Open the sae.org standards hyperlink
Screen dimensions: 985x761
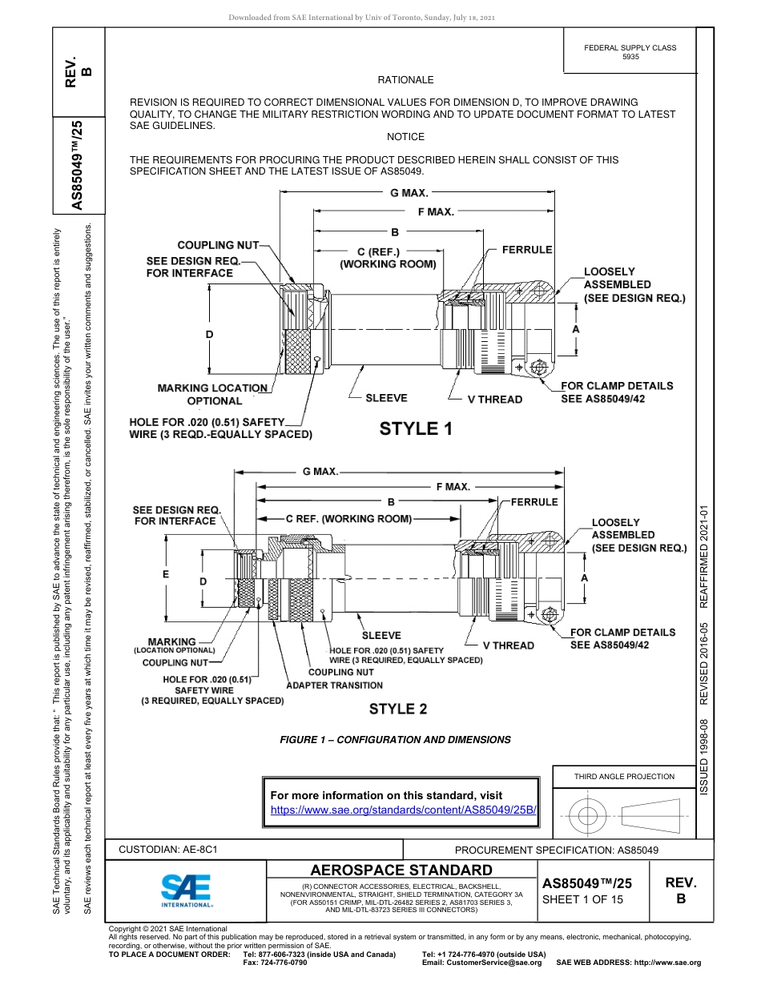(x=403, y=810)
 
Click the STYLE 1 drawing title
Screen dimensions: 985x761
(x=416, y=428)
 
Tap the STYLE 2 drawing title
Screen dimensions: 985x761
(x=398, y=709)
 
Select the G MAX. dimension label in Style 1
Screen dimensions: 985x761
(x=409, y=193)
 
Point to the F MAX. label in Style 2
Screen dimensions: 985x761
(x=453, y=487)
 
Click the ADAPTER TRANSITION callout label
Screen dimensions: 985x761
(x=335, y=685)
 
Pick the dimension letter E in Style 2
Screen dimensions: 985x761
(x=165, y=574)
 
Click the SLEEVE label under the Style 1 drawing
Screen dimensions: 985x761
(x=386, y=398)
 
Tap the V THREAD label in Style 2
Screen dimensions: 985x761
(x=508, y=645)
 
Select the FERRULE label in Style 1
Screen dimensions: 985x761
(x=527, y=250)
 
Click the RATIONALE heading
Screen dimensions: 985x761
(x=405, y=80)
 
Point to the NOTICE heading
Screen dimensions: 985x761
(x=405, y=137)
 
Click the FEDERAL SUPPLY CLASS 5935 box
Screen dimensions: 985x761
(x=630, y=52)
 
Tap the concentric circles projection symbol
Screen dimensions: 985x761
(x=588, y=815)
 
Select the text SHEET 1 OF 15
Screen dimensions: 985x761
(x=582, y=899)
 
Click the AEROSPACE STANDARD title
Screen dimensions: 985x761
(x=401, y=870)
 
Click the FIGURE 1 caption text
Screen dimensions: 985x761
(x=395, y=740)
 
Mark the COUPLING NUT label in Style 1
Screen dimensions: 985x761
(x=217, y=245)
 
